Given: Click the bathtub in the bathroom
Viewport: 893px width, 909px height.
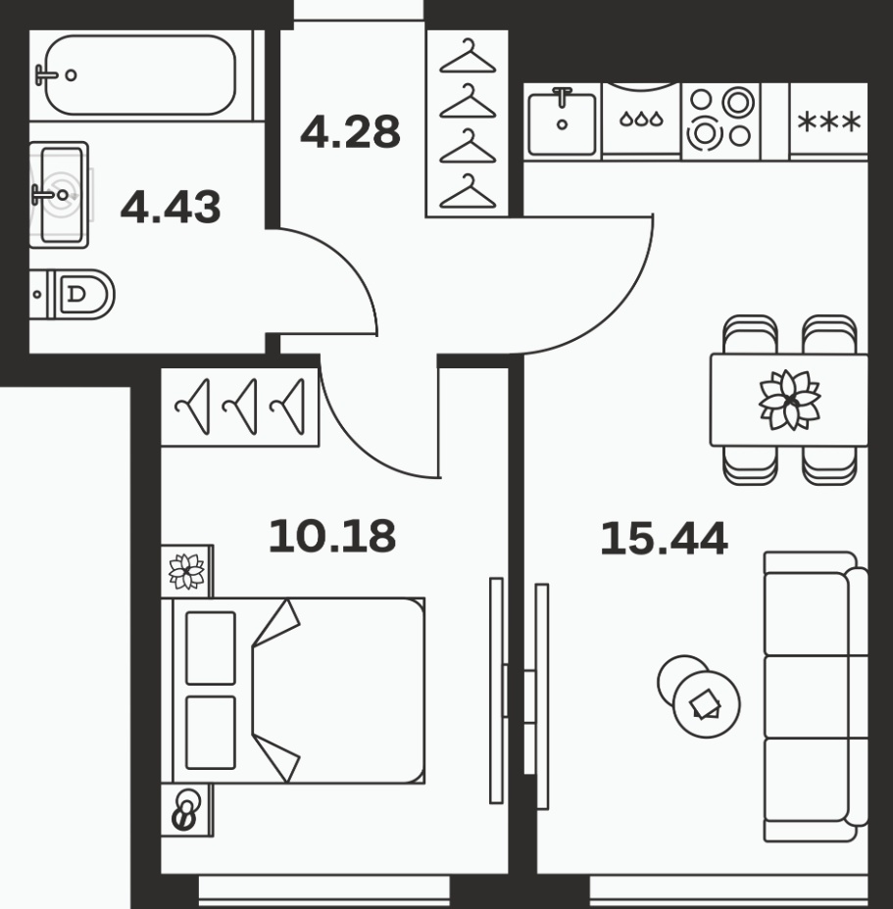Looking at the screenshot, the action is tap(140, 74).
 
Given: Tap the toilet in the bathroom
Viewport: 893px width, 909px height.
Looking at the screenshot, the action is tap(72, 294).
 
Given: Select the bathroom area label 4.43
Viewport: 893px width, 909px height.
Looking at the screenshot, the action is tap(171, 207).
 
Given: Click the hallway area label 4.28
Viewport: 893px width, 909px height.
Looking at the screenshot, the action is tap(351, 131).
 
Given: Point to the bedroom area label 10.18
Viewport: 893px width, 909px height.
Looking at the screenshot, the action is tap(332, 536).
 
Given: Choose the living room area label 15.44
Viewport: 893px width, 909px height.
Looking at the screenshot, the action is tap(664, 539).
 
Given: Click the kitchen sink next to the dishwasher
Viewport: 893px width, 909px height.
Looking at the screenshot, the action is tap(562, 121).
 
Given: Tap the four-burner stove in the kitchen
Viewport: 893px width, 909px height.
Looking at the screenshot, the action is tap(720, 120).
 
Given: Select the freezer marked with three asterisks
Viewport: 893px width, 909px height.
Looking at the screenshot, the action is tap(828, 121).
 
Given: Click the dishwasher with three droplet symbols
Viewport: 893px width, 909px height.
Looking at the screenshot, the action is tap(641, 120).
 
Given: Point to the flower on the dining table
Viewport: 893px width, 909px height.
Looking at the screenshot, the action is tap(790, 400).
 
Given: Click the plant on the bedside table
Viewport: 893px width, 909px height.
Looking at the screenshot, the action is tap(186, 571).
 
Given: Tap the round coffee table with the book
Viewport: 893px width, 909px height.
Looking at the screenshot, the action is tap(706, 703).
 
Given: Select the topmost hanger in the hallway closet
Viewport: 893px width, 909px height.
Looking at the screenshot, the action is tap(468, 56).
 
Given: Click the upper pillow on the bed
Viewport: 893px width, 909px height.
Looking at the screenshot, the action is tap(211, 647).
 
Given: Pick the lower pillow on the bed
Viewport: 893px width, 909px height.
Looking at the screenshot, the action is tap(211, 732).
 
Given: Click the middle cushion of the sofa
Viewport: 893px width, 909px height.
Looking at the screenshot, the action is tap(807, 696).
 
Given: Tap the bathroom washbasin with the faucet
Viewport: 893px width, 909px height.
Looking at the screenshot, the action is tap(59, 195).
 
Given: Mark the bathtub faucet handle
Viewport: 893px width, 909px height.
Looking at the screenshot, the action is tap(45, 74).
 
